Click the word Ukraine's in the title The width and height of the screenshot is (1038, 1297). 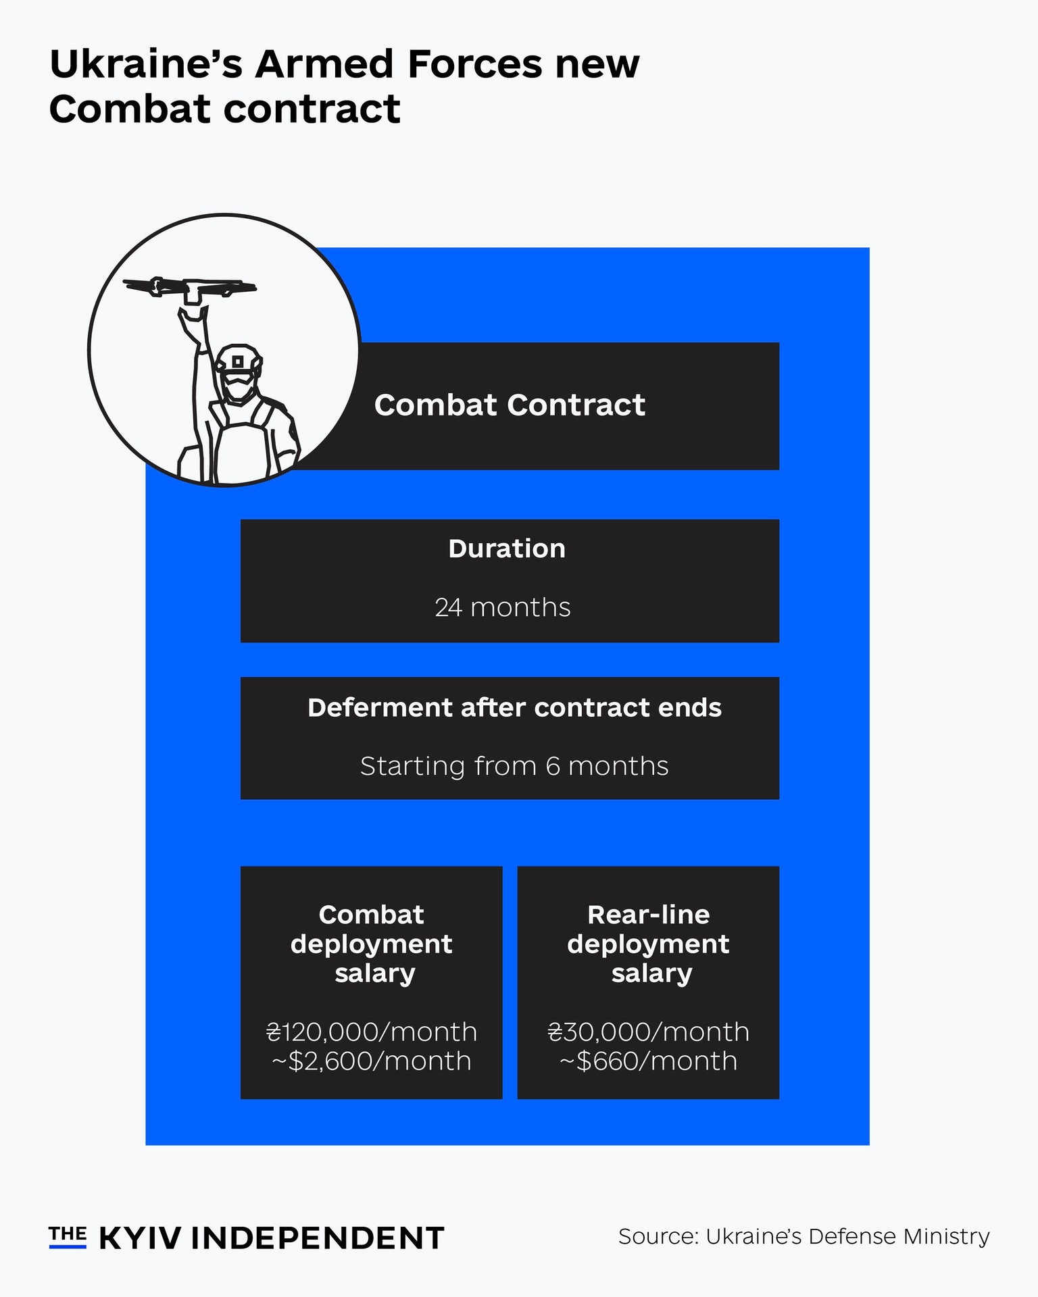pyautogui.click(x=147, y=65)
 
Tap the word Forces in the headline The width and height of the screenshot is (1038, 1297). pyautogui.click(x=474, y=65)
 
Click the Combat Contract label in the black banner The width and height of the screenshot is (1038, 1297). pyautogui.click(x=510, y=405)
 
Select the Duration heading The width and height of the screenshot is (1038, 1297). pyautogui.click(x=507, y=549)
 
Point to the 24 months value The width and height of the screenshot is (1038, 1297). pyautogui.click(x=503, y=607)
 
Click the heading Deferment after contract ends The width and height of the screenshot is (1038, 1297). pyautogui.click(x=514, y=707)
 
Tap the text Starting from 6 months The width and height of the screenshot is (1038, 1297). pyautogui.click(x=514, y=767)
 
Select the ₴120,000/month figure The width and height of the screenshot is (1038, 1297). pyautogui.click(x=372, y=1032)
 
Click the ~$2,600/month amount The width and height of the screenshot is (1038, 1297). pyautogui.click(x=372, y=1061)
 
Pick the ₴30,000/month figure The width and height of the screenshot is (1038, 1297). pyautogui.click(x=649, y=1032)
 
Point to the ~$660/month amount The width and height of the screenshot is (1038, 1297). pyautogui.click(x=649, y=1061)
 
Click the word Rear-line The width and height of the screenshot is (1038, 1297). pyautogui.click(x=649, y=915)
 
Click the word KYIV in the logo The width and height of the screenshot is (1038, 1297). pyautogui.click(x=141, y=1238)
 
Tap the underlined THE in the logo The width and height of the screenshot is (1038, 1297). pyautogui.click(x=68, y=1236)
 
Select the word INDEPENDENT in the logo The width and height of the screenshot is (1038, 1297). pyautogui.click(x=318, y=1238)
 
